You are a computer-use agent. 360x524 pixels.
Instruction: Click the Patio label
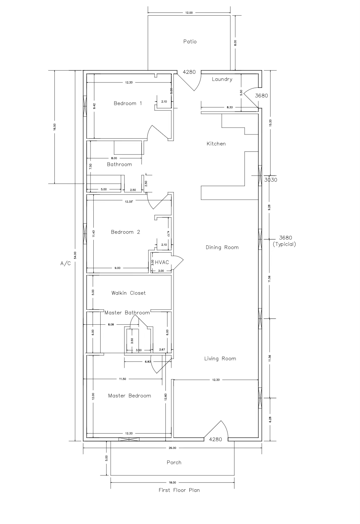coord(190,42)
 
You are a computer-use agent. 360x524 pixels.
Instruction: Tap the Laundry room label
coord(222,79)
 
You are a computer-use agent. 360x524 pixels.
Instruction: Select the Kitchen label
coord(216,144)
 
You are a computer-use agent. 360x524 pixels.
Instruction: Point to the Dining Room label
coord(222,247)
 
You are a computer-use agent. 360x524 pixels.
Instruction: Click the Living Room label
coord(220,359)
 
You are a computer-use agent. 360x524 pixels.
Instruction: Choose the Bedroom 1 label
coord(128,103)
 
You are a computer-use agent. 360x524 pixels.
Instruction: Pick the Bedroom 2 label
coord(125,232)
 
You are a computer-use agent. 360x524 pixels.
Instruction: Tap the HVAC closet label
coord(162,262)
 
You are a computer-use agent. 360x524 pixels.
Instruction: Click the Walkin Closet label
coord(128,293)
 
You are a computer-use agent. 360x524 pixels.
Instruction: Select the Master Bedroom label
coord(129,396)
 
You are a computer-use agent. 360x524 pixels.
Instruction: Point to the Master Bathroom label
coord(127,313)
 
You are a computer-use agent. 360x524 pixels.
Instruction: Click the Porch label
coord(174,463)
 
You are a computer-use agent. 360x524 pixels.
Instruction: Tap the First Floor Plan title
coord(179,490)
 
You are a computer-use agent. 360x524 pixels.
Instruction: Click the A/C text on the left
coord(66,264)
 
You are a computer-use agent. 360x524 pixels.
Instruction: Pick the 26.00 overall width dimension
coord(172,448)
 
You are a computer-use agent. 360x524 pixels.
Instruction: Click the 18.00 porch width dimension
coord(172,482)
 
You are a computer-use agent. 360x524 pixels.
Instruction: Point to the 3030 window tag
coord(271,180)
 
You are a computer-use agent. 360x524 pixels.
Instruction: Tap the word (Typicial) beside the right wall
coord(284,244)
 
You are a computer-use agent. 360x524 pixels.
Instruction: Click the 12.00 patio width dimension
coord(189,13)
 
